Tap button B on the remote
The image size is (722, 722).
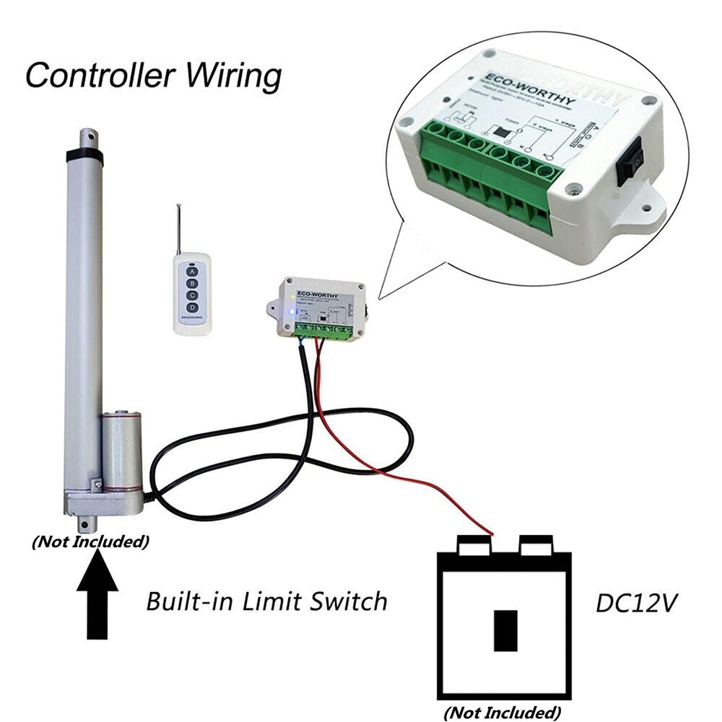191,284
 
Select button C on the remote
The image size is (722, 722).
191,296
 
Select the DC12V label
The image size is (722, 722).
636,603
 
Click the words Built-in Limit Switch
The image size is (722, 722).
266,601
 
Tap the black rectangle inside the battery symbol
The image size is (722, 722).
505,630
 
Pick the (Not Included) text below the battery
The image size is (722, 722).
503,713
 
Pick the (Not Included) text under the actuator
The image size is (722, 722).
90,541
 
